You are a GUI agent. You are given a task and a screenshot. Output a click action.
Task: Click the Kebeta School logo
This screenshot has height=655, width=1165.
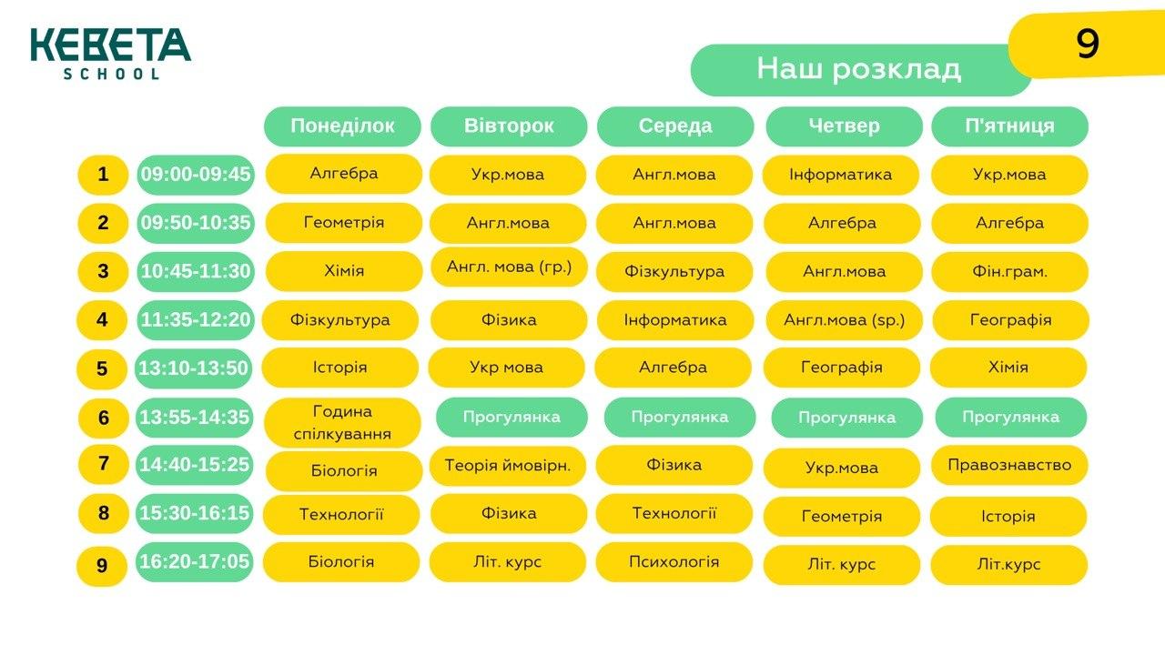click(111, 54)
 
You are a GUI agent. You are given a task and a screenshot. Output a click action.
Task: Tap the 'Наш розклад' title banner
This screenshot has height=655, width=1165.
click(861, 70)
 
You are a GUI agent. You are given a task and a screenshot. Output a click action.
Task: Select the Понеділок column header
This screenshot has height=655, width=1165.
click(342, 126)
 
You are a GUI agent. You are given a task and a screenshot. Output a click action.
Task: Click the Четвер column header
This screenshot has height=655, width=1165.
click(844, 126)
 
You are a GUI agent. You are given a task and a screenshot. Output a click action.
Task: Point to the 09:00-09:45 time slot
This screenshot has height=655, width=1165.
click(196, 175)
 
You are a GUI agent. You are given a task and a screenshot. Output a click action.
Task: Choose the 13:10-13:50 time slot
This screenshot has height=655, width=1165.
click(194, 368)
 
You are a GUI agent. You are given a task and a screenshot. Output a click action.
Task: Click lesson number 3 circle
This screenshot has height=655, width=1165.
click(103, 271)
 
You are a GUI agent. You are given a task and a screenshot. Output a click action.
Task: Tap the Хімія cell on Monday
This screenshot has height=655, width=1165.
click(344, 271)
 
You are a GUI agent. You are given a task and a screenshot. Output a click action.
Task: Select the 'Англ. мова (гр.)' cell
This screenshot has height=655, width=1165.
click(509, 267)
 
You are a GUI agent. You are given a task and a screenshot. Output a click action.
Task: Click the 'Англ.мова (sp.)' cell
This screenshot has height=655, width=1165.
click(844, 320)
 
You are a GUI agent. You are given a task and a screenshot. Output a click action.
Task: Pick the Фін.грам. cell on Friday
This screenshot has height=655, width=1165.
click(1009, 272)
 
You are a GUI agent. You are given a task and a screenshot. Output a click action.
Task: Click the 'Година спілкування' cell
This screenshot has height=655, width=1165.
click(342, 423)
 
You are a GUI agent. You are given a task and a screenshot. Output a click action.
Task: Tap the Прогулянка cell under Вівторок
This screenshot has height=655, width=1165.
click(512, 418)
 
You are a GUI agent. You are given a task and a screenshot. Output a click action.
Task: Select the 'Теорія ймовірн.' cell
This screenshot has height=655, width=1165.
click(508, 466)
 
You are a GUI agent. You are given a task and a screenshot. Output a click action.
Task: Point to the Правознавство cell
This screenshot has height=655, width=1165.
click(1009, 465)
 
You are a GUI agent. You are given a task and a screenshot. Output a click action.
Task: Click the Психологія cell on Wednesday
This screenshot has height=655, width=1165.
click(674, 562)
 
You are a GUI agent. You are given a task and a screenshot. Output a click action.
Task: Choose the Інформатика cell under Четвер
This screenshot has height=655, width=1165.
click(840, 175)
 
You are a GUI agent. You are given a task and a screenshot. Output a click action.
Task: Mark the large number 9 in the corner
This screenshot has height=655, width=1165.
click(1088, 44)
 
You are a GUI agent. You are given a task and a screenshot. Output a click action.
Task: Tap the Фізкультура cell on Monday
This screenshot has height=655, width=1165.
click(340, 320)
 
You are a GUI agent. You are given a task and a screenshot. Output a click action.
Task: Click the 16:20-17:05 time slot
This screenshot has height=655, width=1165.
click(195, 562)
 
